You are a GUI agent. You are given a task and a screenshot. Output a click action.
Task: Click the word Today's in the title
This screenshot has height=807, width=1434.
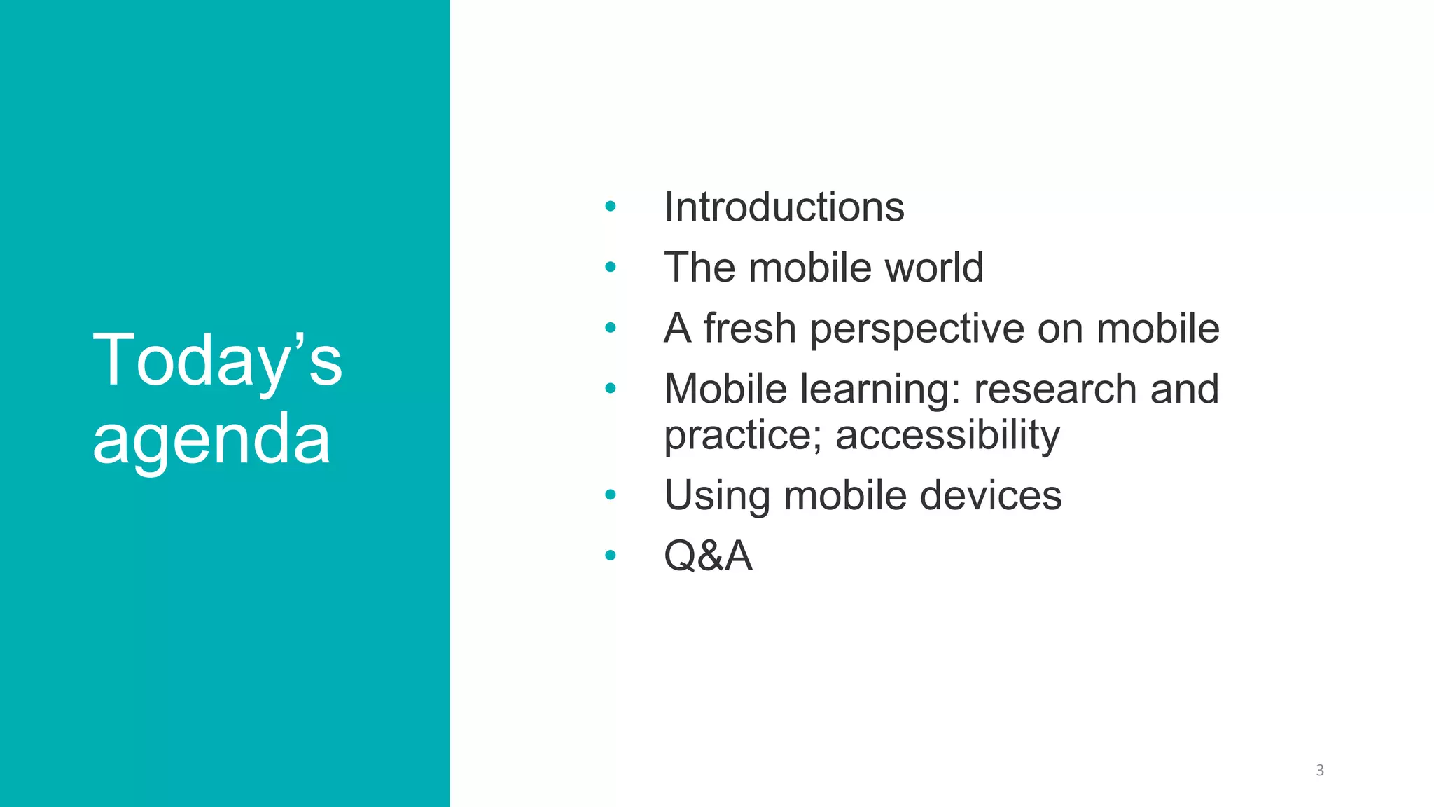[217, 361]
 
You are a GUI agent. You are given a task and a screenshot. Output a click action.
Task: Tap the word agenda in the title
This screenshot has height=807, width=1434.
[211, 440]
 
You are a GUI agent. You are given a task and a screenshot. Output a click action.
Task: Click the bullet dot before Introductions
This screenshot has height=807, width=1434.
[611, 207]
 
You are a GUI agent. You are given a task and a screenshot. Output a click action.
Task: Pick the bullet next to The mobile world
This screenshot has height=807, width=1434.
[611, 267]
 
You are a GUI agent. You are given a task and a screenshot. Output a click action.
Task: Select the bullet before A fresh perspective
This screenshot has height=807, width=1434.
[611, 327]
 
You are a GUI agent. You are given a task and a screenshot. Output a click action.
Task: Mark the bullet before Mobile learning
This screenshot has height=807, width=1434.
[611, 388]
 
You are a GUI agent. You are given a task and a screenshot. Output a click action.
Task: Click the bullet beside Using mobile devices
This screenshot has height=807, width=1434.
[611, 495]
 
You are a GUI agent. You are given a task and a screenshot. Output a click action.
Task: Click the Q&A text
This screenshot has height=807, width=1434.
[708, 556]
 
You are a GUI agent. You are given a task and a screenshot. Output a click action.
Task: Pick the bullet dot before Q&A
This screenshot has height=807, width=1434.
[611, 556]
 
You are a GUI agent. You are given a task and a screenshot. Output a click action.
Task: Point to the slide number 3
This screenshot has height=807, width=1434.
[1320, 771]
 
